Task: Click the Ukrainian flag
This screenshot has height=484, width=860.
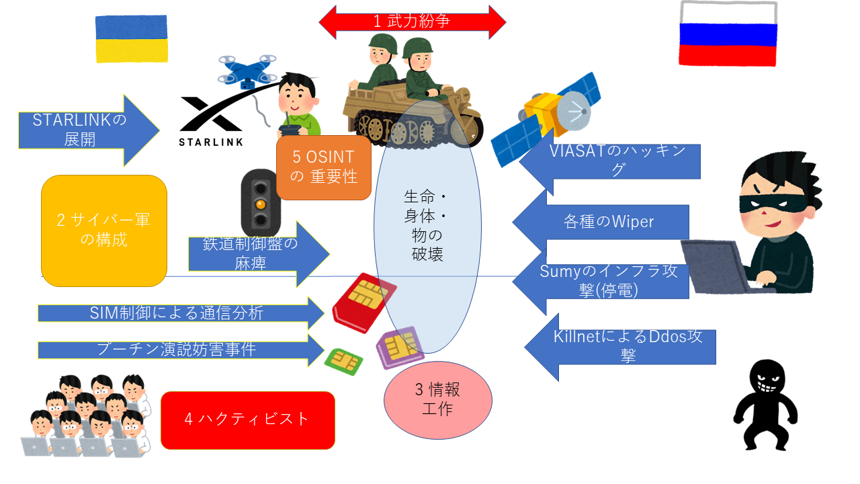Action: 131,38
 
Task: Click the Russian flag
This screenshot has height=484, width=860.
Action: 728,34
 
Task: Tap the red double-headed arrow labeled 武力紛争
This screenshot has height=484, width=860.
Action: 413,22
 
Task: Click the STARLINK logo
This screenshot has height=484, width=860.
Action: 211,122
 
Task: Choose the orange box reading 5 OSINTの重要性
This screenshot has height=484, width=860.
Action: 324,167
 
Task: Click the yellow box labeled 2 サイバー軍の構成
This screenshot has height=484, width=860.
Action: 104,231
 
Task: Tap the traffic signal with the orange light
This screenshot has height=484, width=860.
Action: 260,204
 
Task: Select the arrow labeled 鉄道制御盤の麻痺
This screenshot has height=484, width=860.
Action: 259,254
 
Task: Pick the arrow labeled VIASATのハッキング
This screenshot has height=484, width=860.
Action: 609,161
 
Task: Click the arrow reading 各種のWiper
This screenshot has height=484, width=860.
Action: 601,222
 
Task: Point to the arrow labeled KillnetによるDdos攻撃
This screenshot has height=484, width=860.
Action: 620,347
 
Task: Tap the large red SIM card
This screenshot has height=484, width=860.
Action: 364,302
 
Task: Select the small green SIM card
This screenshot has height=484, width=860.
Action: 343,361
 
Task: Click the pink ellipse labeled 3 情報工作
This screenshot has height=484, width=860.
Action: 438,400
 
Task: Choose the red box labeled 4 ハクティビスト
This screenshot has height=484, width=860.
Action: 248,420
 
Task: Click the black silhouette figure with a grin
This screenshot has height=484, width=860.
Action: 765,405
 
